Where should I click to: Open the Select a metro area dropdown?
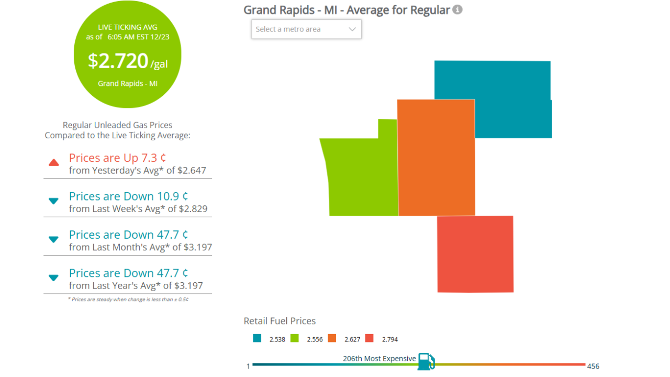point(306,29)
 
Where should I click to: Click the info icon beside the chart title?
point(457,9)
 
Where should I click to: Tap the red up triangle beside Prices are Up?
point(53,163)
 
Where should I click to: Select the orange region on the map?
point(436,157)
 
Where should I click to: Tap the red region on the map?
point(475,254)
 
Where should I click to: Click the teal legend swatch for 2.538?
point(257,338)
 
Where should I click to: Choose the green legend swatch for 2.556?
point(295,338)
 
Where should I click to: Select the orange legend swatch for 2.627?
point(332,338)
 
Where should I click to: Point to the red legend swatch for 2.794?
point(370,338)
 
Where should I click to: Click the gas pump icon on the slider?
point(426,361)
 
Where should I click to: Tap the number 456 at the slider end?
point(593,366)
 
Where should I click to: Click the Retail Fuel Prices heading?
point(280,321)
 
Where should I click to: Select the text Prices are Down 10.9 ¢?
point(128,196)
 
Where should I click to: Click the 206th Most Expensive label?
point(379,359)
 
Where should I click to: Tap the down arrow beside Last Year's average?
point(53,278)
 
